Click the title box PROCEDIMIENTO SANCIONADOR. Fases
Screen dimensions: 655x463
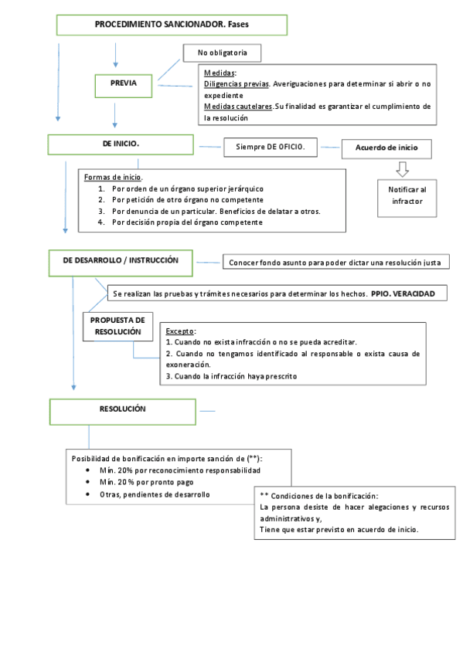tap(171, 25)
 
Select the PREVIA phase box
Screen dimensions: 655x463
tap(124, 83)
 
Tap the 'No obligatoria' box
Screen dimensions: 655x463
tap(221, 53)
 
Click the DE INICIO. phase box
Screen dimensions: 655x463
tap(121, 144)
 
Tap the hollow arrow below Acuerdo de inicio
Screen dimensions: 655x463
tap(402, 168)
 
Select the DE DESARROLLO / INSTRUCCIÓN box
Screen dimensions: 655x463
tap(121, 261)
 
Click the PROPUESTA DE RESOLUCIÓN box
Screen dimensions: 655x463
tap(117, 326)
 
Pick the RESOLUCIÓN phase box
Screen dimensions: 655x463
tap(122, 409)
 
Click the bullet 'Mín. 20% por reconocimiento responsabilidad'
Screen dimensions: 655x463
tap(179, 470)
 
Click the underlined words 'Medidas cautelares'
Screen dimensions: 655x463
tap(238, 106)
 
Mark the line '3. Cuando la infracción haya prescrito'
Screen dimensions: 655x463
tap(232, 376)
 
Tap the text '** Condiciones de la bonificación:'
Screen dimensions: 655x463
tap(319, 495)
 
